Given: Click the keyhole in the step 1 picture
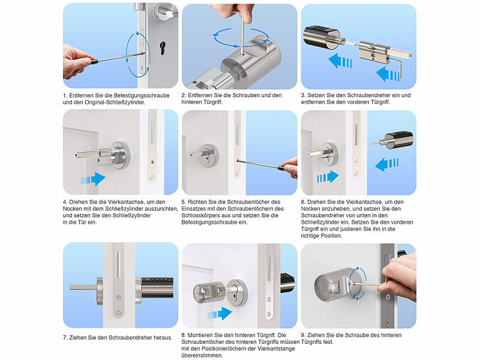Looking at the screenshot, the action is click(x=162, y=49).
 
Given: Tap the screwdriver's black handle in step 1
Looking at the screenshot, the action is click(x=94, y=62).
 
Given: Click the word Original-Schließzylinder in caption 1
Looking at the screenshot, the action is click(x=115, y=102).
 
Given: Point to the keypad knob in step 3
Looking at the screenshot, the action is click(x=322, y=37).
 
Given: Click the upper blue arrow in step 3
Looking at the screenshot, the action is click(x=340, y=61).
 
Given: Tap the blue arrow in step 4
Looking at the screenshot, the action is click(x=93, y=179).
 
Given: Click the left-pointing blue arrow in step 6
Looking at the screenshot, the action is click(x=387, y=164).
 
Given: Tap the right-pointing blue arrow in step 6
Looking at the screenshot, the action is click(x=328, y=177).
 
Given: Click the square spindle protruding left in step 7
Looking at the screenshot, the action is click(x=83, y=287).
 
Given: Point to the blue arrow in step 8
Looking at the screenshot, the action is click(x=220, y=314).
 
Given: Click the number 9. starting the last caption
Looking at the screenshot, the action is click(x=304, y=335).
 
